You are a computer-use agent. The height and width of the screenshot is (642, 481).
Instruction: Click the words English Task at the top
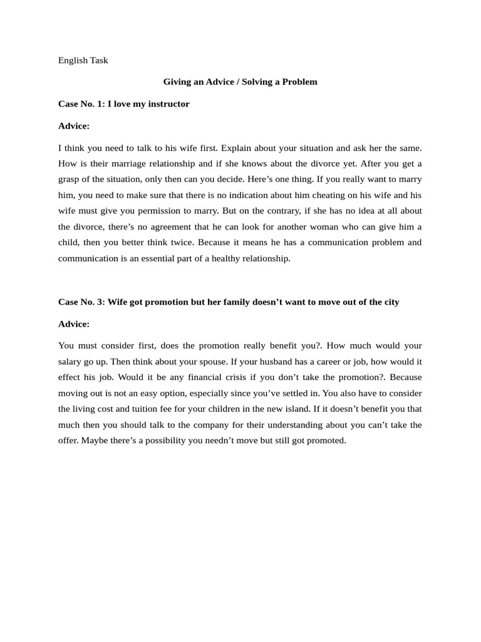click(x=83, y=60)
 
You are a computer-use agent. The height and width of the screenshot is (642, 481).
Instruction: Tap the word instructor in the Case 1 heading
click(x=166, y=103)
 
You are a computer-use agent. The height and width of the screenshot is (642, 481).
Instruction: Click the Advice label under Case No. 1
click(x=74, y=125)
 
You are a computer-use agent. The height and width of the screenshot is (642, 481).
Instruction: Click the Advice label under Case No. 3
click(x=74, y=324)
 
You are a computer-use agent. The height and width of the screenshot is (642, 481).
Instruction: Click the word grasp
click(x=70, y=179)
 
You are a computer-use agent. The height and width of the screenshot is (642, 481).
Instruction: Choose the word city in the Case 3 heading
click(x=391, y=302)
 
